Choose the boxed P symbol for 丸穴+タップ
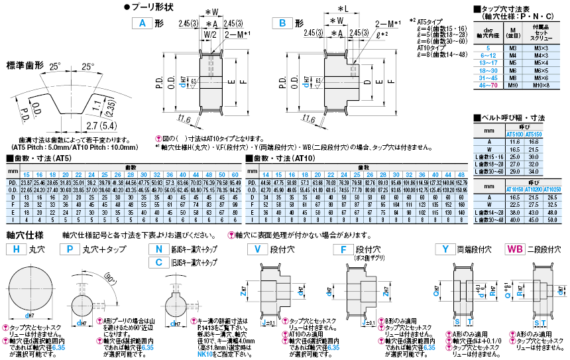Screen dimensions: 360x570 (x=68, y=249)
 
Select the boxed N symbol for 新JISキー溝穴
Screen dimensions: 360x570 (x=158, y=249)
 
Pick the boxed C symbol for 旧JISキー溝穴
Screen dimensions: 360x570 (x=158, y=262)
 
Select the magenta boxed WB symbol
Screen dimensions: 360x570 (x=514, y=249)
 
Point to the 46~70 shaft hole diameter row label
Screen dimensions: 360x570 (x=488, y=86)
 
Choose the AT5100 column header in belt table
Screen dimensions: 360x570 (x=514, y=133)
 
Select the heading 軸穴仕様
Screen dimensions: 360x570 (x=25, y=235)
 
